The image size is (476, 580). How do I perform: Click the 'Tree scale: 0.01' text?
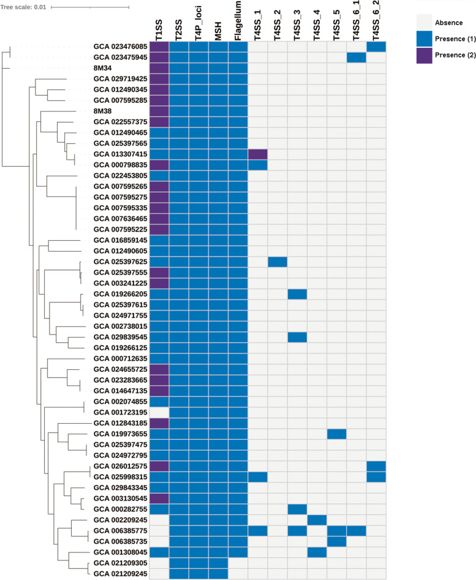click(x=23, y=7)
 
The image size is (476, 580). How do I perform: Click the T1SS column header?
click(x=159, y=28)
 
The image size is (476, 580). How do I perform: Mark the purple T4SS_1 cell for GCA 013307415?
click(x=257, y=154)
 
